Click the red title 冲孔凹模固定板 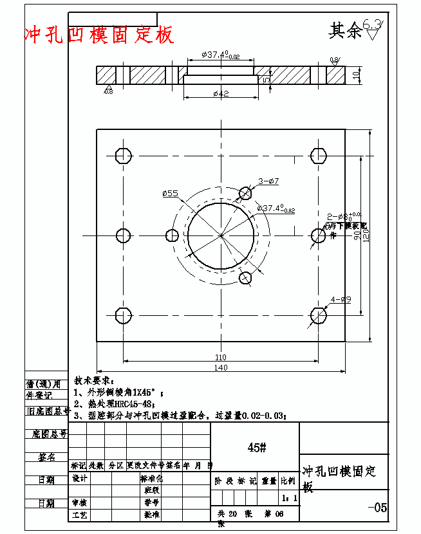98,35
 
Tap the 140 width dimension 221,367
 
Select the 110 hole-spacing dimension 220,357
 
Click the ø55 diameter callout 171,193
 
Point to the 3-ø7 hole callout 268,181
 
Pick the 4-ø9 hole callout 341,299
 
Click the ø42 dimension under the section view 221,94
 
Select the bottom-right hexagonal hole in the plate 319,315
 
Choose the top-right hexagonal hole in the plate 319,156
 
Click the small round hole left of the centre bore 172,235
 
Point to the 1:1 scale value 289,498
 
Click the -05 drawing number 378,508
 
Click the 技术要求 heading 95,381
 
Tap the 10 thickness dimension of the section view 356,75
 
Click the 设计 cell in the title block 80,479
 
